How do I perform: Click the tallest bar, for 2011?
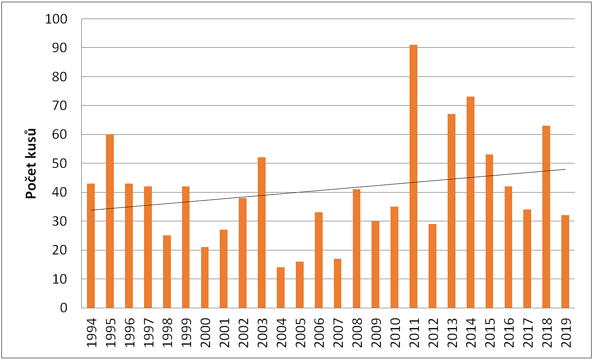point(413,176)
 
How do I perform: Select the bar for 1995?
point(110,221)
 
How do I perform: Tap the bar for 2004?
point(281,288)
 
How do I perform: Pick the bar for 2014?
point(470,202)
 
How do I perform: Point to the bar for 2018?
point(546,217)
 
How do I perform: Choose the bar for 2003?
point(261,233)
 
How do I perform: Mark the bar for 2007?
point(338,283)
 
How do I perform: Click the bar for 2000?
point(205,277)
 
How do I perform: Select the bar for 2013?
point(451,211)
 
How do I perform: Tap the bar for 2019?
point(565,261)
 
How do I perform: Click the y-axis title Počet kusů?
point(31,163)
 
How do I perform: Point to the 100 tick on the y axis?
point(56,19)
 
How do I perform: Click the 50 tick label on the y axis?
point(60,163)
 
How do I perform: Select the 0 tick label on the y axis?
point(64,308)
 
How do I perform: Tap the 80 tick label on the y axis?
point(60,77)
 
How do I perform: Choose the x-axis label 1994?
point(91,332)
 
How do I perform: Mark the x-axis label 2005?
point(300,332)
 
